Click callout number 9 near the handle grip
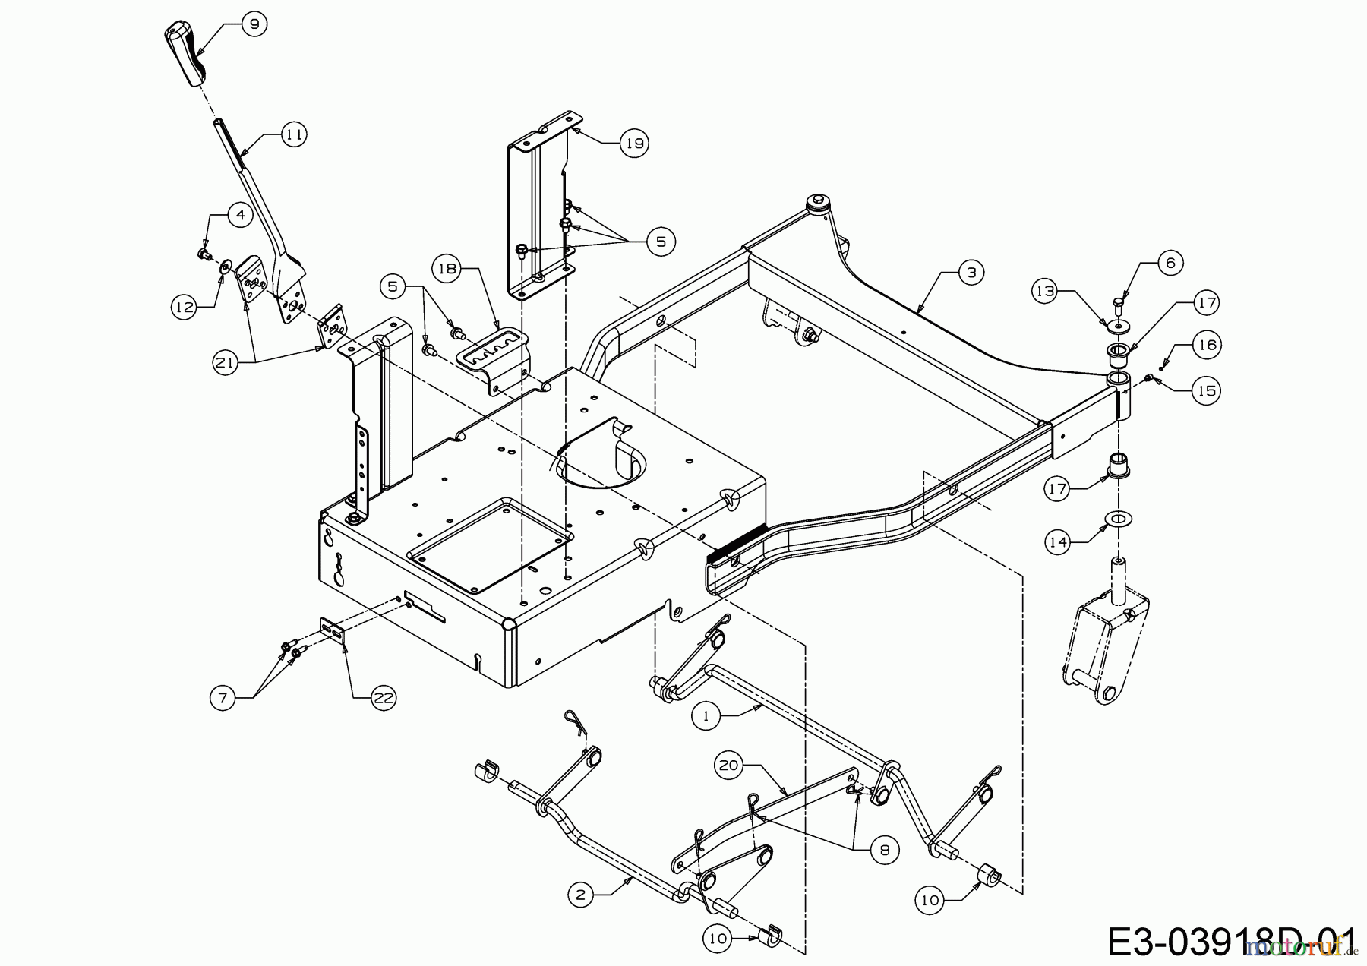[x=254, y=24]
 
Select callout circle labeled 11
[x=294, y=135]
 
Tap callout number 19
[x=634, y=143]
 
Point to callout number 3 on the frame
[x=971, y=273]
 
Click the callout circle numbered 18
[x=448, y=269]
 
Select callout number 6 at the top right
[x=1170, y=263]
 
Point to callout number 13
[x=1047, y=291]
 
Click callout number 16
[x=1206, y=345]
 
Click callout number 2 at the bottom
[x=581, y=895]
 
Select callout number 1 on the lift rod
[x=706, y=715]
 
